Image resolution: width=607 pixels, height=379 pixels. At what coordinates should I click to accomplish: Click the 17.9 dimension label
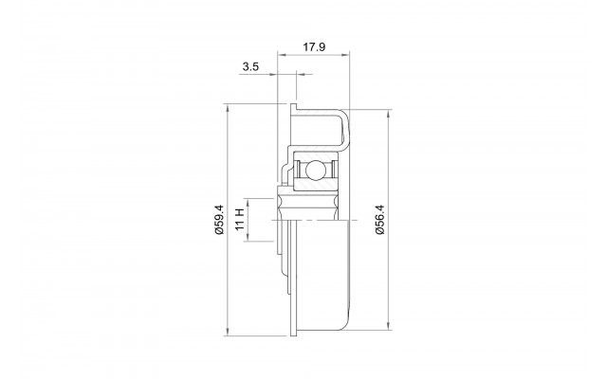coord(314,47)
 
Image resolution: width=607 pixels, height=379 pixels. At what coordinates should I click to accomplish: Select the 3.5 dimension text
coord(250,66)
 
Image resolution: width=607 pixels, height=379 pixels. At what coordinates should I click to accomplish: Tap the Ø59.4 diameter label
coord(219,219)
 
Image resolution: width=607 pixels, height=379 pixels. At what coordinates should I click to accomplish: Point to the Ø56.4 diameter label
coord(379,219)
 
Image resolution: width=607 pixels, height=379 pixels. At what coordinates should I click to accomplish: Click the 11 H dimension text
coord(240,219)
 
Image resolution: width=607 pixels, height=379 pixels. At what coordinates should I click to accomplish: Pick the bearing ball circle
coord(314,171)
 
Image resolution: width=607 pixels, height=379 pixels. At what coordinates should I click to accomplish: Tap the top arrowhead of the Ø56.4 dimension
coord(388,114)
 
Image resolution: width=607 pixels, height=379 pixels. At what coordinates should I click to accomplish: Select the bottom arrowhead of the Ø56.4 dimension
coord(388,326)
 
